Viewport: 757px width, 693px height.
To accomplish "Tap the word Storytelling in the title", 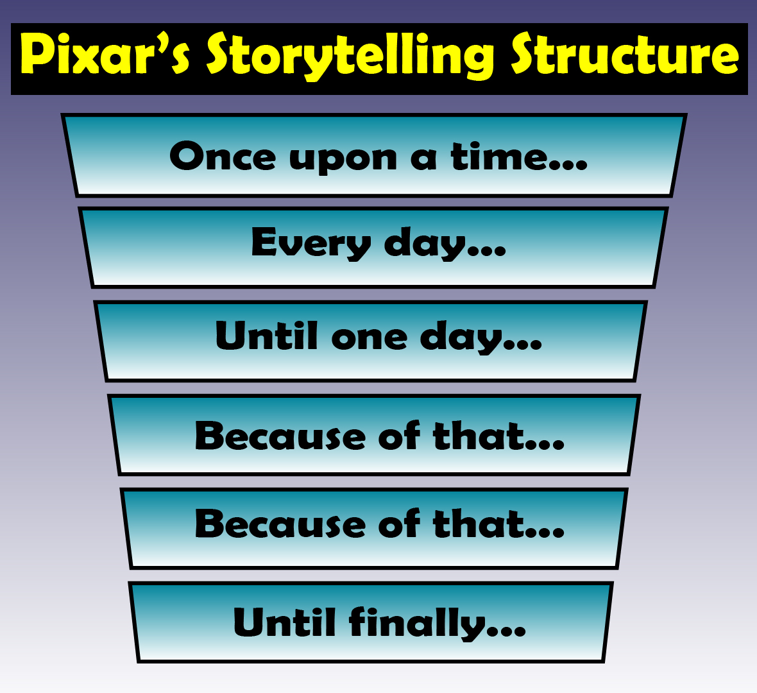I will point(350,56).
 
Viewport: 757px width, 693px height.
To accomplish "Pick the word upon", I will point(343,159).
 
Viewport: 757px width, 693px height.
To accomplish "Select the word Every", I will point(310,244).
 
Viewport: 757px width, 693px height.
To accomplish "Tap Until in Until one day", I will point(266,336).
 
